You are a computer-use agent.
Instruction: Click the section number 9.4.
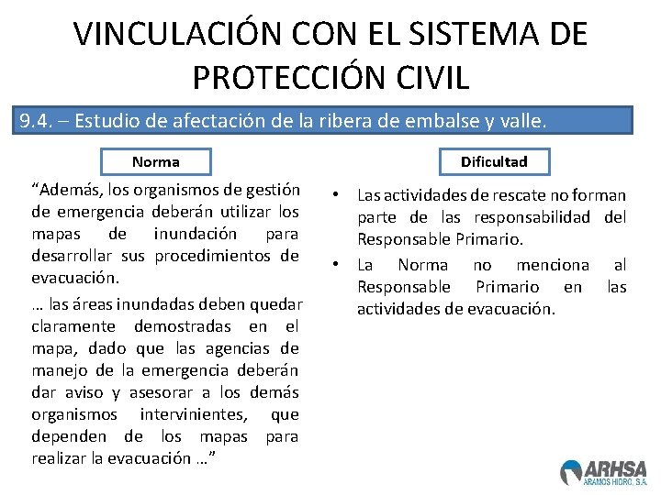point(38,121)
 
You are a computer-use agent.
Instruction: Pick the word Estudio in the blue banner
point(105,121)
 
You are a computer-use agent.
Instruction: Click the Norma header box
point(156,162)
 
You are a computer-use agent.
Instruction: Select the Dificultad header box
point(494,162)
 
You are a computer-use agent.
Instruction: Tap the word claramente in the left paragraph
point(73,326)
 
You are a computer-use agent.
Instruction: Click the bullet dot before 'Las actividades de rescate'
point(338,194)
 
